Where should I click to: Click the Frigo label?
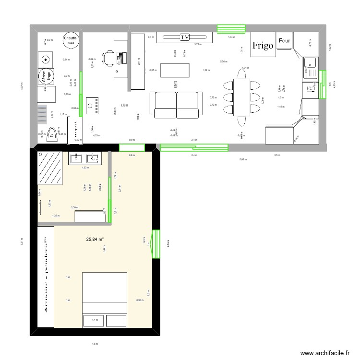263,46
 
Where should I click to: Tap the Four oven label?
284,41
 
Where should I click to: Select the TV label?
185,37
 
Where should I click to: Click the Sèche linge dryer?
47,77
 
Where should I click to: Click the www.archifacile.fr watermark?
324,353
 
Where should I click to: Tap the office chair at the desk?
108,58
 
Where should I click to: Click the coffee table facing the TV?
174,70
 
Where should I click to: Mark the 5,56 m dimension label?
224,61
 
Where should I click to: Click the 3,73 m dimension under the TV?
198,44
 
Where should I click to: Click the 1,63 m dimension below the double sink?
84,168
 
